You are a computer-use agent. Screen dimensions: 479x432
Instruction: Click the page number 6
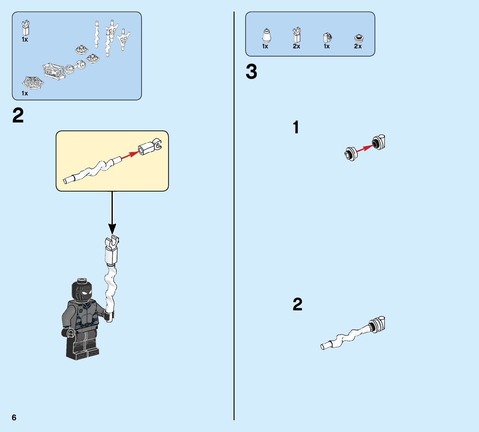coord(14,417)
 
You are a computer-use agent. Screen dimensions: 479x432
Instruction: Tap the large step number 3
coord(251,72)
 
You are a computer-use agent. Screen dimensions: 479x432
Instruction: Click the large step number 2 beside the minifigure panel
coord(18,116)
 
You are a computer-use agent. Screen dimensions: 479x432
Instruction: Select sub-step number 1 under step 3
coord(296,127)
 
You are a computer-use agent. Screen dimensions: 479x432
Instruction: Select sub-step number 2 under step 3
coord(297,305)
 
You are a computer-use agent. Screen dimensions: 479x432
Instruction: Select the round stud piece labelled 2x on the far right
coord(358,38)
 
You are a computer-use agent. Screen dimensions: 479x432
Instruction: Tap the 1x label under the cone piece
coord(265,47)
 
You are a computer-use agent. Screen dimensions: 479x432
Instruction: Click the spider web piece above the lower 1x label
coord(33,83)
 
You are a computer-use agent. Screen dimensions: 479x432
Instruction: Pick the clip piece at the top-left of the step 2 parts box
coord(26,28)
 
